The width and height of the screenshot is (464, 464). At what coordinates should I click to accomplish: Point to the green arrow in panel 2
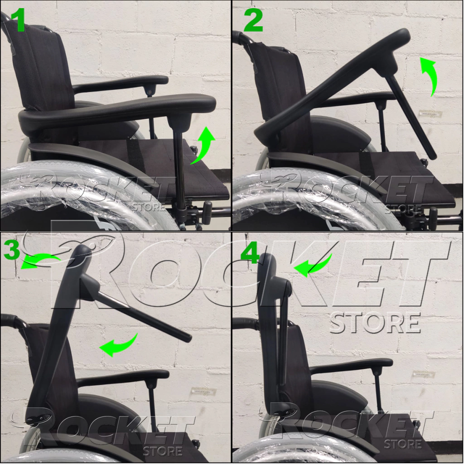[x=430, y=76]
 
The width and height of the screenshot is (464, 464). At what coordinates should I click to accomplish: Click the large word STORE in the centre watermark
[x=375, y=323]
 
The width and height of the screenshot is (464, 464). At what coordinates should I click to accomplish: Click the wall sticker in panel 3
[x=203, y=391]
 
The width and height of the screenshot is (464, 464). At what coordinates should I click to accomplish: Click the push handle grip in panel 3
[x=9, y=319]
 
